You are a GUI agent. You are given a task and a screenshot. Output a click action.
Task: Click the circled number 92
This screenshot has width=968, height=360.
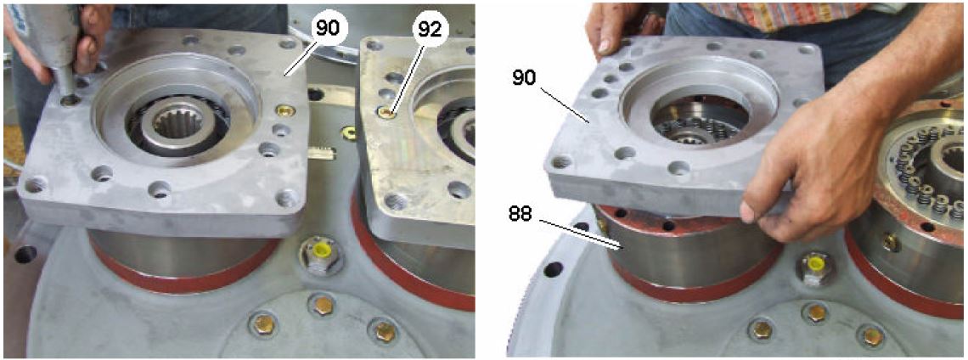pyautogui.click(x=431, y=26)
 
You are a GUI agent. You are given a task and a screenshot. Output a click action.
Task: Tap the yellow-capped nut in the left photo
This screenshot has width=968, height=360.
pyautogui.click(x=319, y=252)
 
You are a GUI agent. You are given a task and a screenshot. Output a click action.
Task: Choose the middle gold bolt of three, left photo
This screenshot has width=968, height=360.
pyautogui.click(x=323, y=305)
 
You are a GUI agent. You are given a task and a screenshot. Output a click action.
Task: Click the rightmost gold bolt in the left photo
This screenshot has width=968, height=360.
pyautogui.click(x=384, y=331)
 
